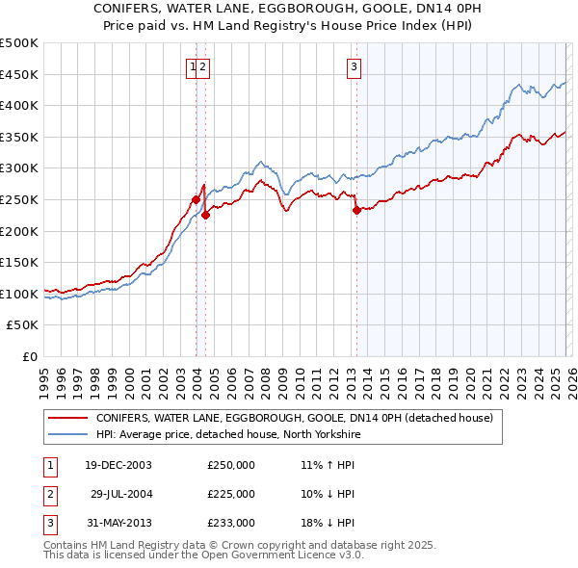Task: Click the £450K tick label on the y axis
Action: [19, 74]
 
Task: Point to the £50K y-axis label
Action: [22, 325]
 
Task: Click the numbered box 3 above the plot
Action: [355, 66]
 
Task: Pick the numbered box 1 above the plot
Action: [194, 66]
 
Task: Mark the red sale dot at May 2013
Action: [356, 210]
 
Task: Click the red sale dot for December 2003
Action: [196, 199]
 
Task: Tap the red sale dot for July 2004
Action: [205, 216]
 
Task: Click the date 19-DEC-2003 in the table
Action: [118, 465]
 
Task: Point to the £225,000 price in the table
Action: [231, 494]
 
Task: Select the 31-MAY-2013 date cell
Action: [118, 523]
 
